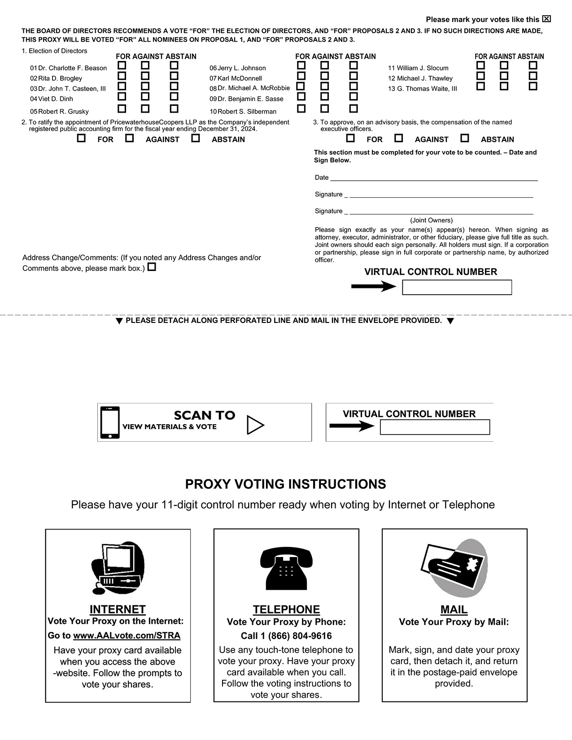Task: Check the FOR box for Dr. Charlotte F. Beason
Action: point(122,65)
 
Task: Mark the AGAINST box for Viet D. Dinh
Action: point(145,96)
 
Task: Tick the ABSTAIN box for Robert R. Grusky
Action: point(174,109)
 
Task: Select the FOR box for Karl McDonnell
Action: point(301,76)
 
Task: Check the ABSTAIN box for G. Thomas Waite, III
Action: point(533,86)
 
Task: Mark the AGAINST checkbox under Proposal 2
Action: point(129,138)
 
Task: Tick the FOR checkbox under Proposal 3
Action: point(350,138)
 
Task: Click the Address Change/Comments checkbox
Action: point(152,267)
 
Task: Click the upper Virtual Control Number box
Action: point(457,287)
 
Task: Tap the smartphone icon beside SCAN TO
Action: point(110,422)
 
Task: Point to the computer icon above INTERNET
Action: point(118,567)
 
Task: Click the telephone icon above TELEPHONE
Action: point(286,567)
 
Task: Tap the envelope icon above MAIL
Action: point(454,567)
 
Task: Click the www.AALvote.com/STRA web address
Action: point(127,636)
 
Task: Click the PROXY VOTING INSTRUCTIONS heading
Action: point(285,484)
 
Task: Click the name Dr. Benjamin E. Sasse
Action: point(250,99)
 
